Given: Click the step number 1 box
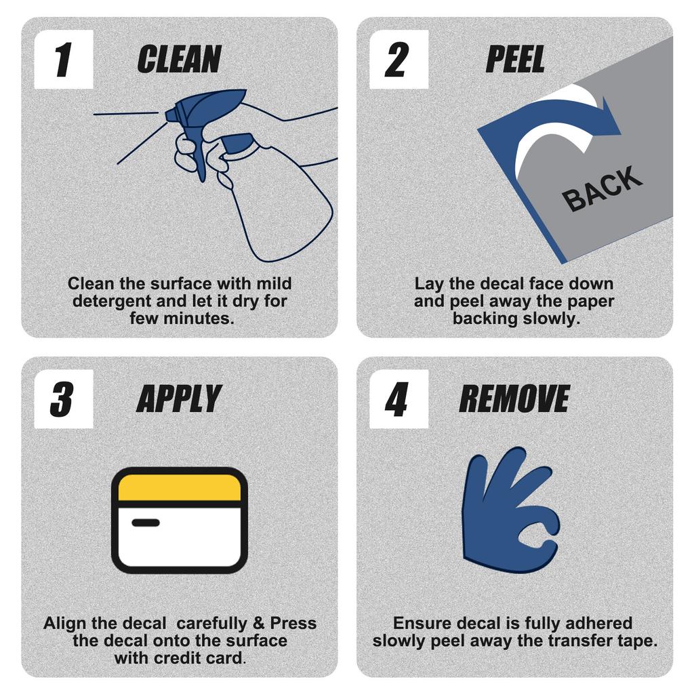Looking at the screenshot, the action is click(x=64, y=60).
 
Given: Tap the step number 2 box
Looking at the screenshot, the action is click(x=399, y=60).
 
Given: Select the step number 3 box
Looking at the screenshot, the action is click(x=64, y=399).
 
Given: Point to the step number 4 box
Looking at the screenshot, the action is click(x=399, y=399).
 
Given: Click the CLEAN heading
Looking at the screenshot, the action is click(x=179, y=60).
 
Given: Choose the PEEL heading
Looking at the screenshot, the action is click(x=515, y=60).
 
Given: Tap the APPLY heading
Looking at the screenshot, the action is click(x=179, y=399).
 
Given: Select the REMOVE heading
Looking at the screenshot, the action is click(x=514, y=399).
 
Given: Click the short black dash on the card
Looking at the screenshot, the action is click(x=146, y=523).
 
